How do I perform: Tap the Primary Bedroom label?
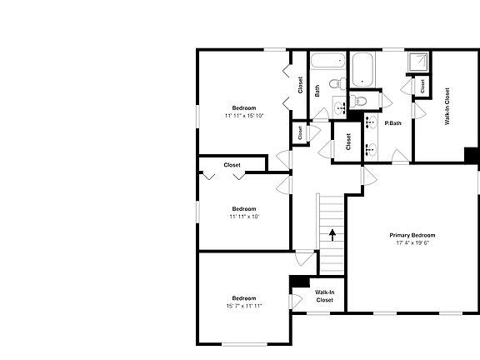[412, 235]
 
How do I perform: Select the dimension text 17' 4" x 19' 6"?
[412, 244]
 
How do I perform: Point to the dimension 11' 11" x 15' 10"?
[243, 116]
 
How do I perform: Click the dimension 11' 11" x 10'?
[243, 217]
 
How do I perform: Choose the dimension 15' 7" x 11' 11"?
[243, 306]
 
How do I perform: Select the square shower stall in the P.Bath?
[416, 63]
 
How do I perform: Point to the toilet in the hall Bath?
[335, 83]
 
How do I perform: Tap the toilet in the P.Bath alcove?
[359, 101]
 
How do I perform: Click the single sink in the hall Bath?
[339, 107]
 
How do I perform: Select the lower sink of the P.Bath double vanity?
[372, 149]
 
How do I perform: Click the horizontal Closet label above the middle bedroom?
[232, 165]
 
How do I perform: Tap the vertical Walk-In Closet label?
[447, 106]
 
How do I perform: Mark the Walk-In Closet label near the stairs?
[324, 296]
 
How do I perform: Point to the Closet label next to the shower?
[422, 85]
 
